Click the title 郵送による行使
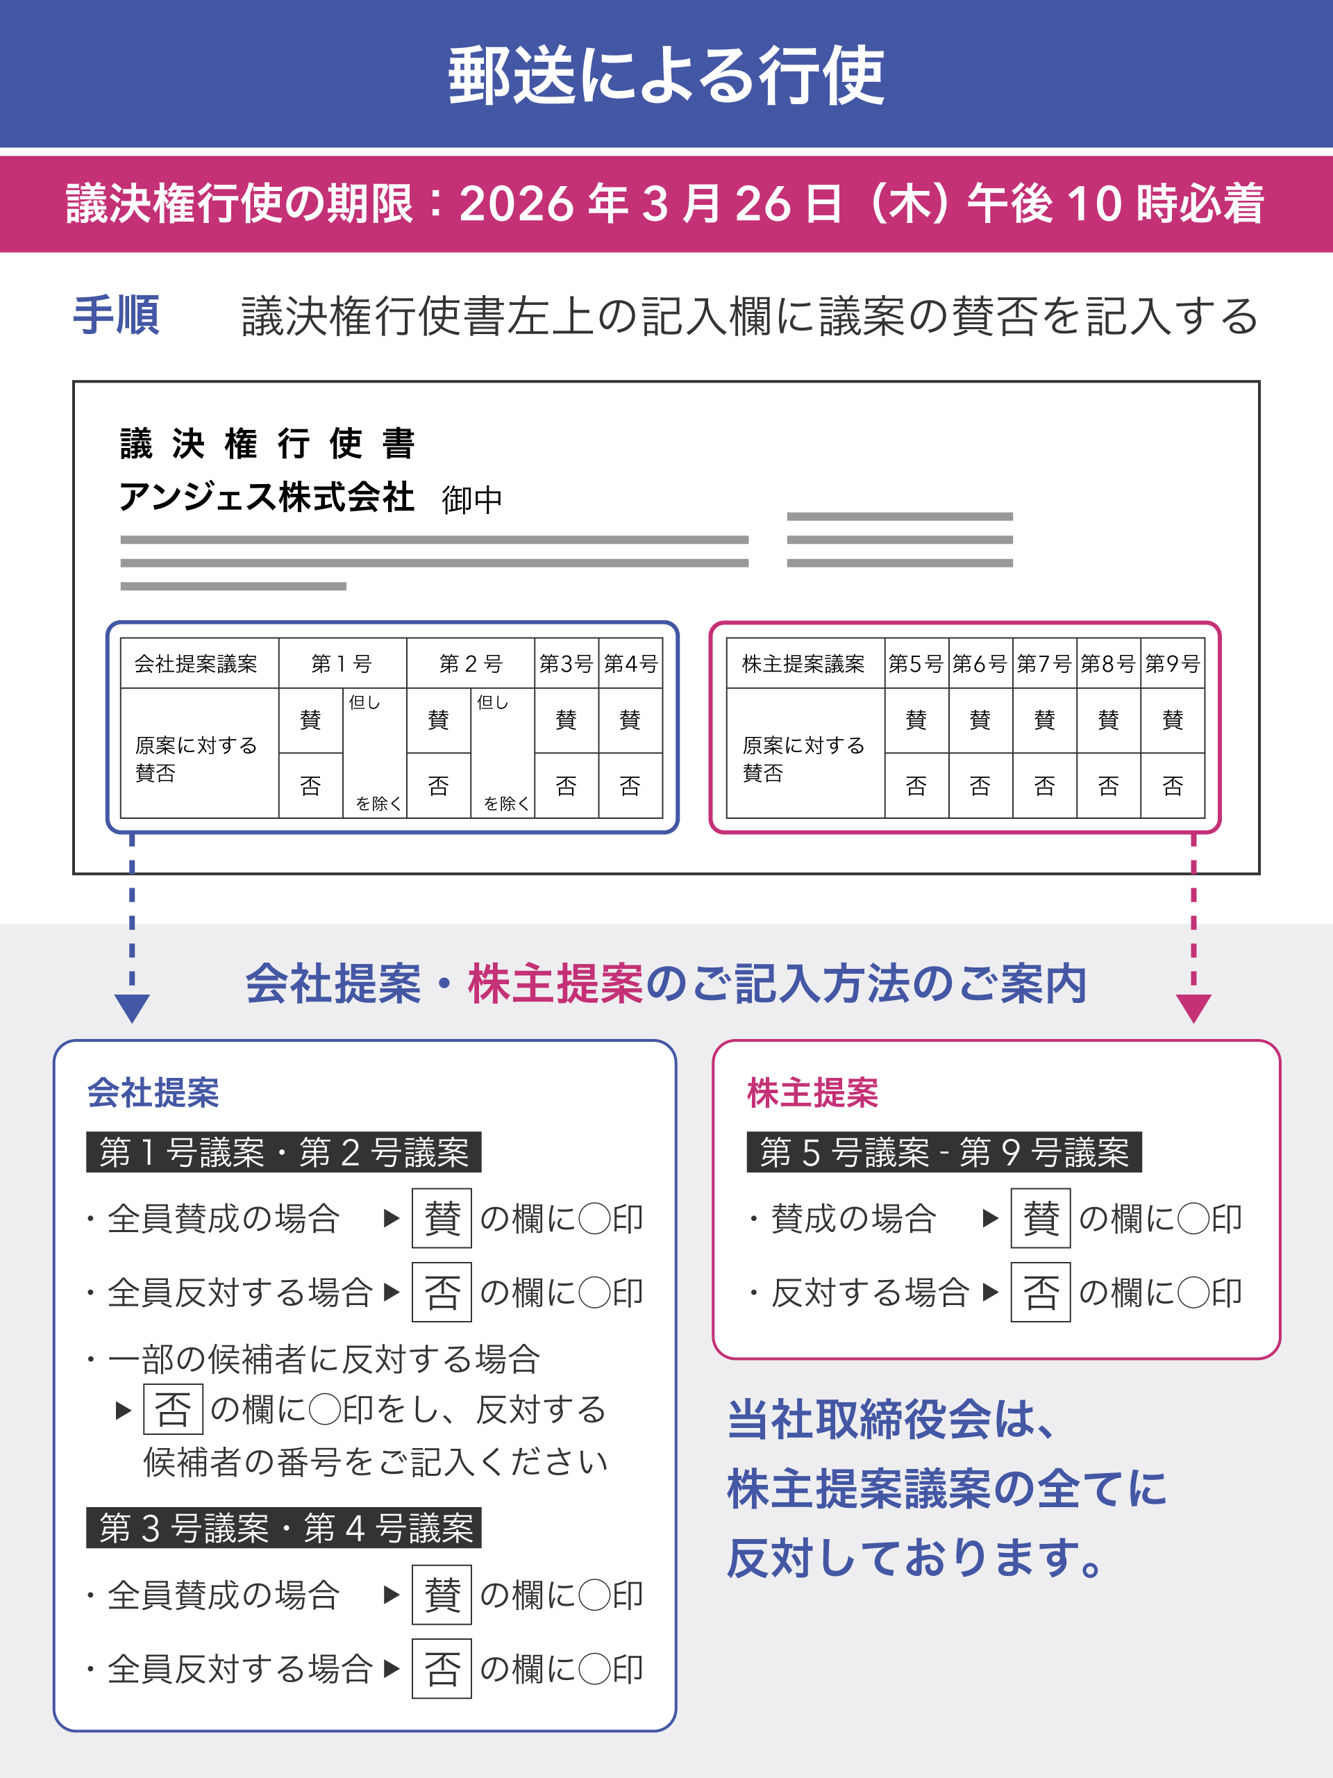pyautogui.click(x=666, y=76)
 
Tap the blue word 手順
pyautogui.click(x=117, y=315)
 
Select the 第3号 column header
pyautogui.click(x=566, y=664)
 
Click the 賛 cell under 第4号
pyautogui.click(x=630, y=720)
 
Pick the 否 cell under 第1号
pyautogui.click(x=310, y=786)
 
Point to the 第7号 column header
pyautogui.click(x=1043, y=664)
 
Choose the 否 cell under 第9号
pyautogui.click(x=1173, y=786)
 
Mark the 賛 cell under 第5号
pyautogui.click(x=916, y=720)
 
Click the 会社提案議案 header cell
pyautogui.click(x=196, y=664)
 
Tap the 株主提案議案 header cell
pyautogui.click(x=803, y=664)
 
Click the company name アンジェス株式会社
pyautogui.click(x=267, y=497)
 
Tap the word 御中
pyautogui.click(x=471, y=500)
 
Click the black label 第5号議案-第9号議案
pyautogui.click(x=944, y=1153)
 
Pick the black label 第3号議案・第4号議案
pyautogui.click(x=284, y=1528)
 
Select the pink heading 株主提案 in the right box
pyautogui.click(x=812, y=1093)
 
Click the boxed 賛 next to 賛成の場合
pyautogui.click(x=1041, y=1218)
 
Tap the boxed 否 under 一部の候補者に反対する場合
pyautogui.click(x=173, y=1409)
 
